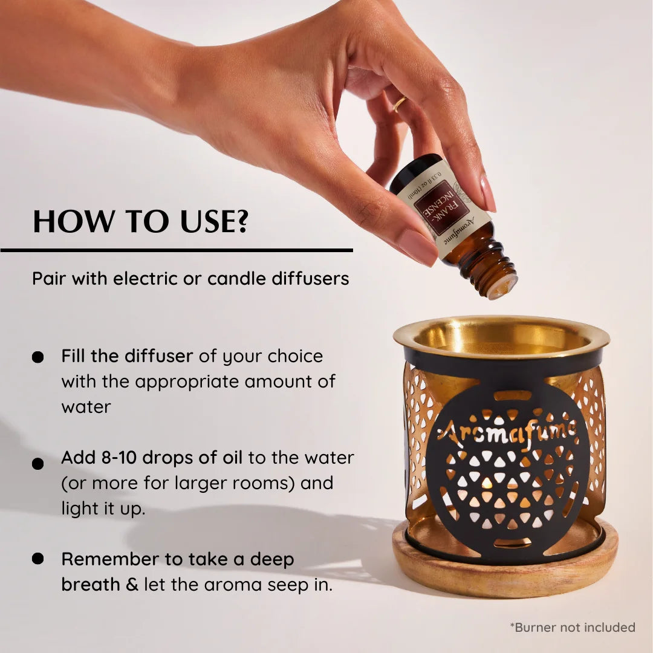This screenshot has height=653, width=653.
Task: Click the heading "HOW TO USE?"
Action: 140,221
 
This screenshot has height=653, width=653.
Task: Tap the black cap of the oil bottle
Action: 412,171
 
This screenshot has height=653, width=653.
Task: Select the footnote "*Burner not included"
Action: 572,627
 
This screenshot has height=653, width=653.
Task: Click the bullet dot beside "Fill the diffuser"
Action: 38,357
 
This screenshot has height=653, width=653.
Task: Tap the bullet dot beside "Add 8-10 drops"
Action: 38,464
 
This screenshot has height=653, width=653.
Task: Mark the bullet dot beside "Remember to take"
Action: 38,559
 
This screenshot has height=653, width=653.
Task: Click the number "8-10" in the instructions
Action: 121,458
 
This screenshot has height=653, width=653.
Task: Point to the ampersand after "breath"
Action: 132,585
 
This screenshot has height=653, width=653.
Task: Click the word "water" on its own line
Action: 86,407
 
